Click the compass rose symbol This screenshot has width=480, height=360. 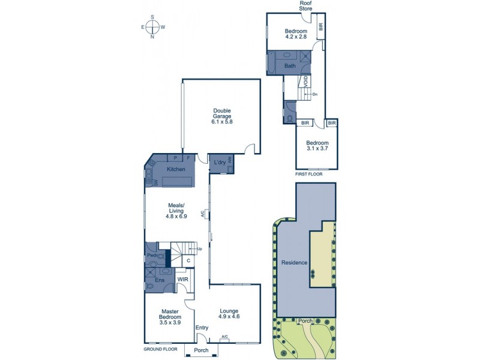tap(152, 27)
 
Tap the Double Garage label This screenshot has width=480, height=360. tap(221, 116)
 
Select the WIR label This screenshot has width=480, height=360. tap(183, 278)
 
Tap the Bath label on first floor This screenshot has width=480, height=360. tap(290, 66)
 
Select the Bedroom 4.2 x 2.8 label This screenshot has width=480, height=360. tap(296, 34)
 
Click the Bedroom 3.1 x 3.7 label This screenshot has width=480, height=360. tap(317, 146)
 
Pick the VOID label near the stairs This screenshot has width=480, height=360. tap(306, 81)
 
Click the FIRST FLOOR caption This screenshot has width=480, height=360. tap(308, 174)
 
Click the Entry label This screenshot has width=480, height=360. tap(202, 328)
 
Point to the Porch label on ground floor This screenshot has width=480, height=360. tap(201, 350)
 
